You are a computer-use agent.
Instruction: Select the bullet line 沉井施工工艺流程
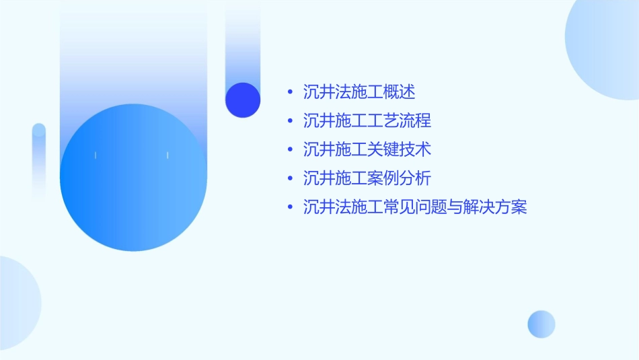point(367,121)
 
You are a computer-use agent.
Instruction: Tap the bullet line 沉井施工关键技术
point(367,149)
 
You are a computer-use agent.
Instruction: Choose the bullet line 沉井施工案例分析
point(367,178)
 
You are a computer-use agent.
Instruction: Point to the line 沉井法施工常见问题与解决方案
point(415,207)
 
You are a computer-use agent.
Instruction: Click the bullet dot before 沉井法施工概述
point(290,92)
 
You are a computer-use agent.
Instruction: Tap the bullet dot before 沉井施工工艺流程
point(290,121)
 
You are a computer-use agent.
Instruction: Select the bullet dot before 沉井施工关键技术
point(290,149)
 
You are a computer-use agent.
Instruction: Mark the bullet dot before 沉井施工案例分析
point(290,178)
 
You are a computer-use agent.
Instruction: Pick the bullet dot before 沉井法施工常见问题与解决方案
point(290,207)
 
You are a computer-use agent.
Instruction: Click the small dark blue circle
point(243,100)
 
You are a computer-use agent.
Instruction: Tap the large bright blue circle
point(133,178)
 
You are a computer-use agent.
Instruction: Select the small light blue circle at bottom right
point(541,324)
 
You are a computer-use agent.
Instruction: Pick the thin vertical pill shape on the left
point(39,161)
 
